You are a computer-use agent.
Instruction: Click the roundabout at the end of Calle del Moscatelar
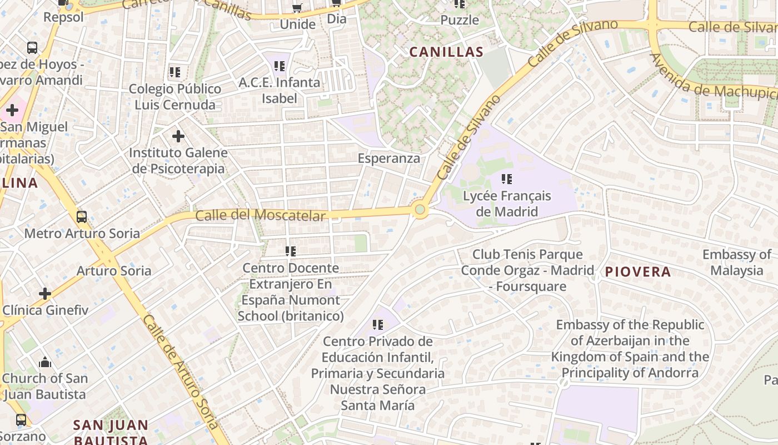[420, 210]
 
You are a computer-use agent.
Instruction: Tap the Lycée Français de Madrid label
[507, 204]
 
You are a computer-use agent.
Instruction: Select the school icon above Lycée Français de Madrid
[507, 179]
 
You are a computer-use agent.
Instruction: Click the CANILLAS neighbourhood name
[446, 52]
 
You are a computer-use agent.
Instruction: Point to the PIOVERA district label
[638, 272]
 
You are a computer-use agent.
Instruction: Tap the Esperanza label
[389, 158]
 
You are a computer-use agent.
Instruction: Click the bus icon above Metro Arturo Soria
[82, 216]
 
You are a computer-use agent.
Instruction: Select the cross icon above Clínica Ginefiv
[45, 293]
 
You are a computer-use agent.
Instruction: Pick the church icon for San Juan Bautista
[45, 363]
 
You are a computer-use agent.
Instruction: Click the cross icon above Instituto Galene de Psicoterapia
[178, 136]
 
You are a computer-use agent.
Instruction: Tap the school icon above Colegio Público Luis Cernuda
[175, 72]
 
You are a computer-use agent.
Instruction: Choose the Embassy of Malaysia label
[736, 263]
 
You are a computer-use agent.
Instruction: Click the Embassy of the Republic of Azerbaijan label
[630, 348]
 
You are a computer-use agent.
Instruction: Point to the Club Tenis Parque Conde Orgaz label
[527, 270]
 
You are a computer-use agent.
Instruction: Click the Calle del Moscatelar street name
[260, 215]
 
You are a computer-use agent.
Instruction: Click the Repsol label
[63, 17]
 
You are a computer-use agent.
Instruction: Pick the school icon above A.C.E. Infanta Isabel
[280, 66]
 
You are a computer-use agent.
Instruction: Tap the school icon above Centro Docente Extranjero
[291, 251]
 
